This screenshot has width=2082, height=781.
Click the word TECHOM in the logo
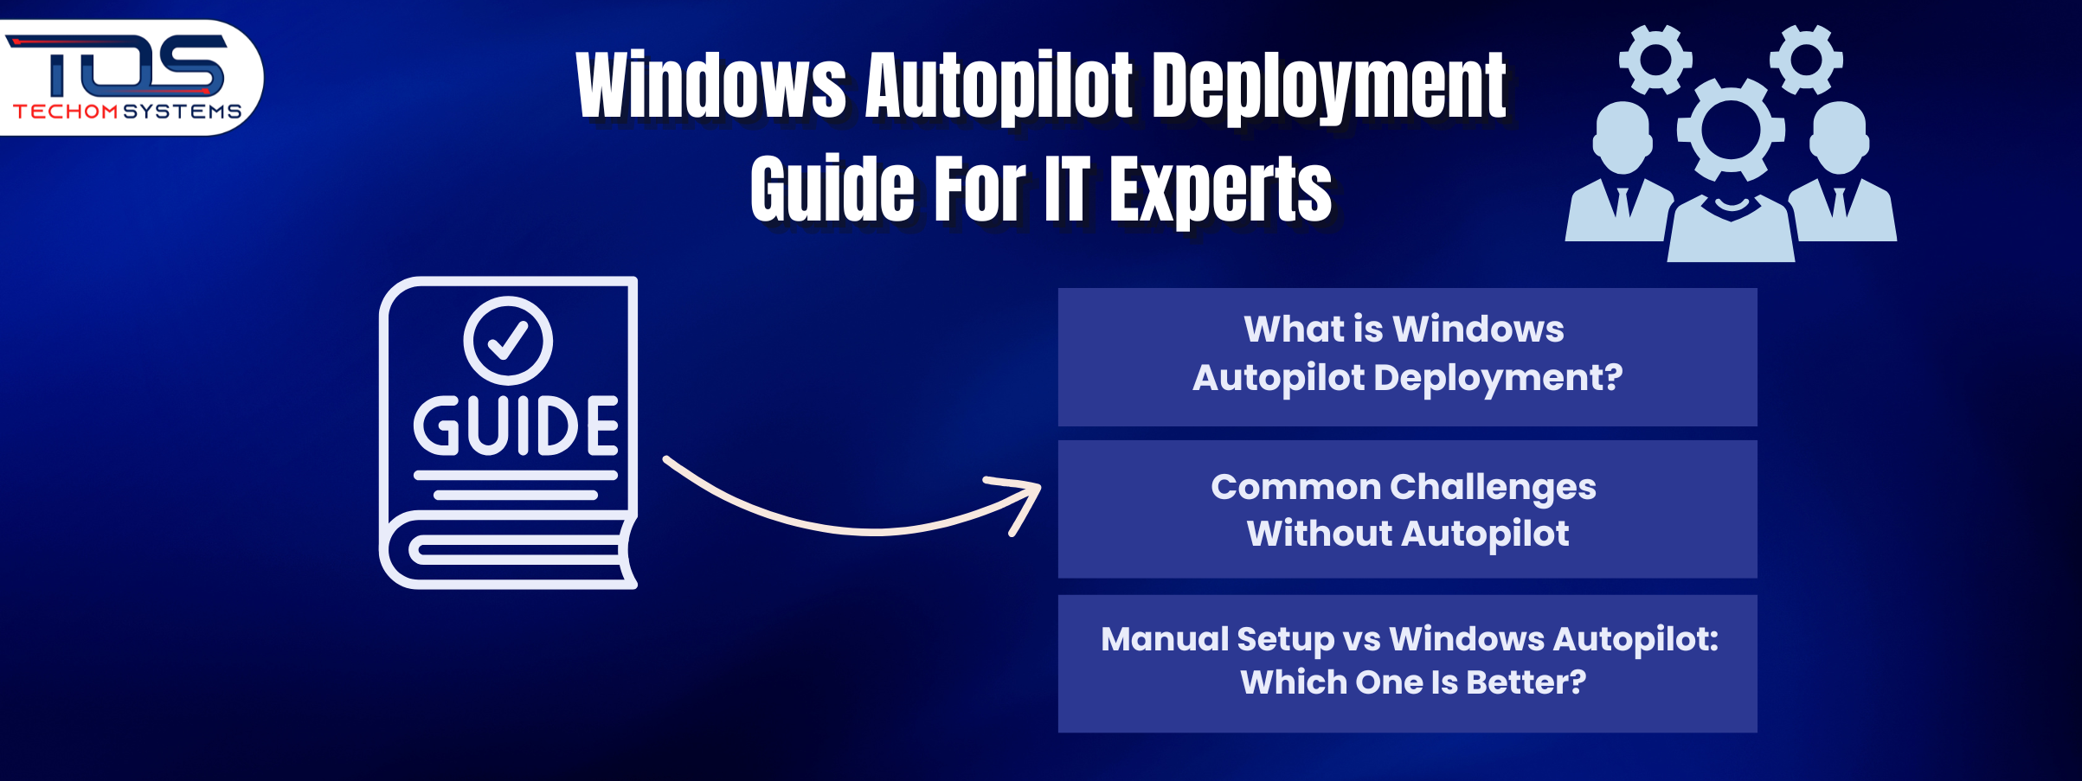point(66,112)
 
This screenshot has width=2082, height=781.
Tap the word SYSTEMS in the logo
point(182,112)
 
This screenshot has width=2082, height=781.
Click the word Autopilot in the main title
point(999,86)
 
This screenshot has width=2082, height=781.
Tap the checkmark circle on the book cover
point(508,340)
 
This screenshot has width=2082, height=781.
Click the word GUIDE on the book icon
point(516,426)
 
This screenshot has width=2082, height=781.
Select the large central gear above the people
point(1731,131)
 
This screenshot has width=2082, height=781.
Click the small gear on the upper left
point(1655,59)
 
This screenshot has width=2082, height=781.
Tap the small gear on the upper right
point(1806,59)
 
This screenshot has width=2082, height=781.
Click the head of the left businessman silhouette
point(1622,138)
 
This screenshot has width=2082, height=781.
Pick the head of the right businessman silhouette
point(1839,138)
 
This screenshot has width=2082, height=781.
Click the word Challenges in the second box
point(1492,488)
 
